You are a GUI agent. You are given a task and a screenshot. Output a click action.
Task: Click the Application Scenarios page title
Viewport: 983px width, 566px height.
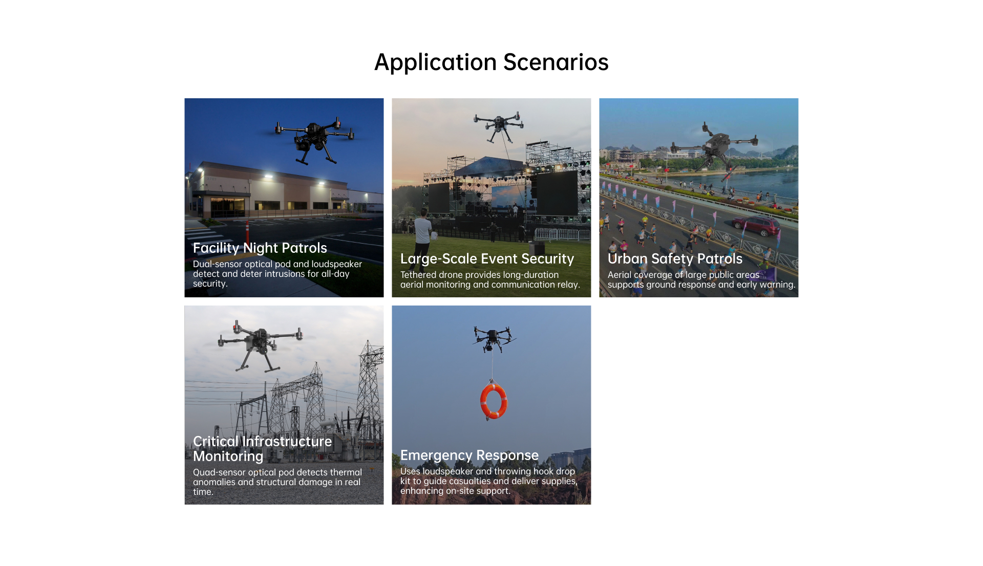pos(491,62)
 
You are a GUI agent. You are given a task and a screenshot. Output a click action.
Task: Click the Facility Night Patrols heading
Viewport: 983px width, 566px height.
pos(260,248)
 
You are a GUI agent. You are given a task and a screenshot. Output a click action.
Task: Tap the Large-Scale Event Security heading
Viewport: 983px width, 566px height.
pos(487,259)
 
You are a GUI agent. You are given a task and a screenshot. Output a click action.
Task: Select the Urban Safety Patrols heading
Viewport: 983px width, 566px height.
pos(675,259)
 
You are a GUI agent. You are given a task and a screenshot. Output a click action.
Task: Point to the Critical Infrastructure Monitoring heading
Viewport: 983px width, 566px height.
pos(262,449)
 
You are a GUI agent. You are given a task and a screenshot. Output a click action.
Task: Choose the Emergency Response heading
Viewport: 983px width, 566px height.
pos(469,455)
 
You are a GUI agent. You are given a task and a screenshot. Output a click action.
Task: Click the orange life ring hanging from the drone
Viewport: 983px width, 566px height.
pos(494,401)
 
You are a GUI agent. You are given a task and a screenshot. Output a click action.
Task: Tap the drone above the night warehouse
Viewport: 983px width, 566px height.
pos(314,139)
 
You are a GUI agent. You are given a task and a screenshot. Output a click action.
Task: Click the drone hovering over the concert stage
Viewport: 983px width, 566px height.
pos(499,125)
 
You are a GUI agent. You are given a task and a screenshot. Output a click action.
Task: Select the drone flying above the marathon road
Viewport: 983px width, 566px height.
pos(715,145)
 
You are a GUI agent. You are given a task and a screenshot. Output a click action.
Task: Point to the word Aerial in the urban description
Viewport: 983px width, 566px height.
pos(619,275)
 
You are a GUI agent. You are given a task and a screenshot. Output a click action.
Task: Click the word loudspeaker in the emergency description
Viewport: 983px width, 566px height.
pos(447,471)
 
